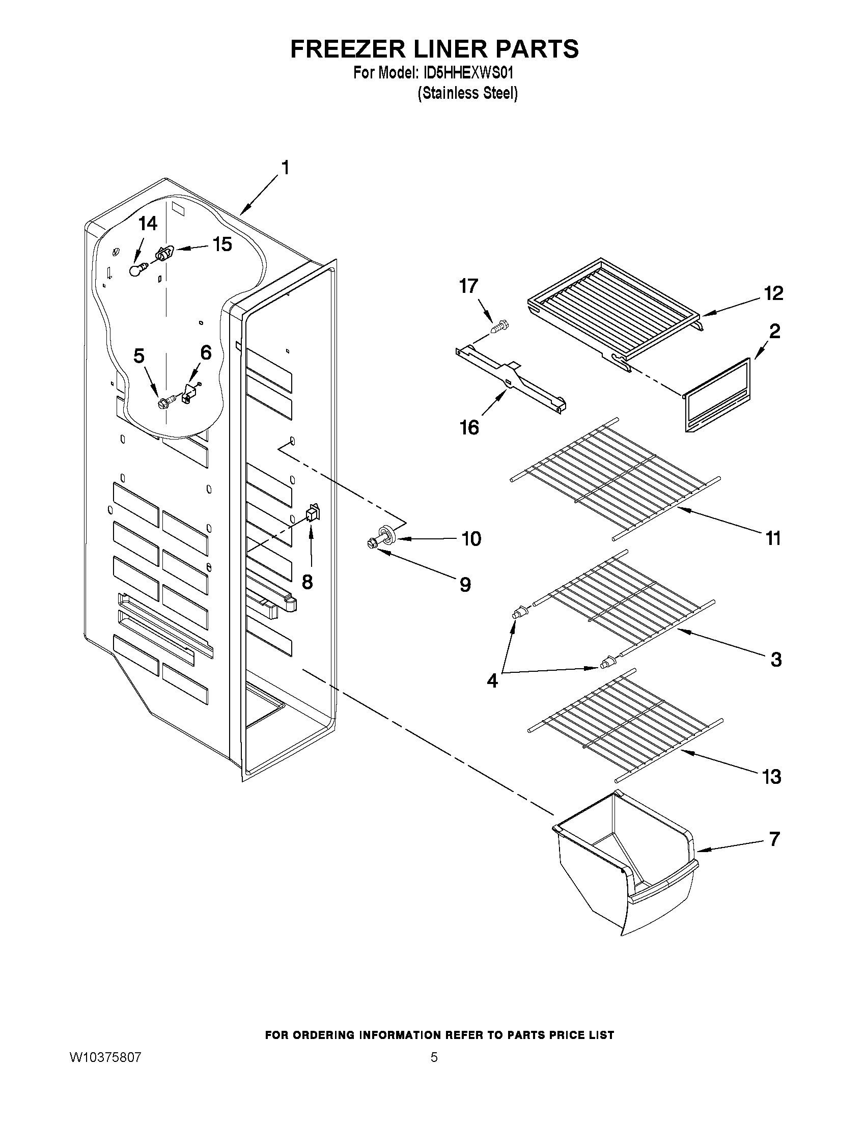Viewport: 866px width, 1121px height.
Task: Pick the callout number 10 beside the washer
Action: click(470, 539)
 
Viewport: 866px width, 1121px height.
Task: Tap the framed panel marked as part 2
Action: click(717, 395)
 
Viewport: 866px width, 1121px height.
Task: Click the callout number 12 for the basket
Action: click(773, 293)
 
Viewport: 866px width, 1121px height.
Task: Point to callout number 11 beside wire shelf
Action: click(773, 539)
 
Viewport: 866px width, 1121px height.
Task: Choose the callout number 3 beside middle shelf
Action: click(776, 660)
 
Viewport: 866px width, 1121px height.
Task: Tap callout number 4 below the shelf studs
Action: click(492, 681)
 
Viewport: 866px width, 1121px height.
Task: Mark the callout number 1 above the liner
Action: click(285, 168)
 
